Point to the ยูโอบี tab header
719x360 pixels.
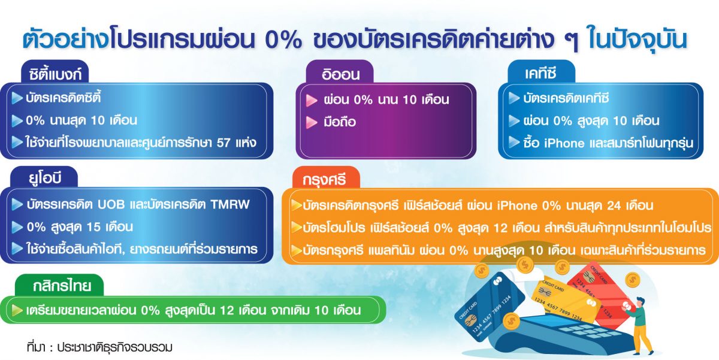(44, 177)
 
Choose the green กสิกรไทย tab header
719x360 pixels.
(59, 285)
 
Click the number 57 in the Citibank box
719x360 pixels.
(223, 143)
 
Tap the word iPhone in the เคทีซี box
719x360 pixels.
(564, 143)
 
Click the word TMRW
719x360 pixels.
(230, 204)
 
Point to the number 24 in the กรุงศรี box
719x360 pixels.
(614, 205)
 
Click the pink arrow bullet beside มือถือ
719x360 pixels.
(312, 122)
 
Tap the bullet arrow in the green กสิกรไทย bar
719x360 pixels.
(17, 310)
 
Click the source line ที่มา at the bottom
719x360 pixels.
(100, 347)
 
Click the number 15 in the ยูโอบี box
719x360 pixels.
(93, 227)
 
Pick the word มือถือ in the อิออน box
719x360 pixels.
(340, 122)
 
